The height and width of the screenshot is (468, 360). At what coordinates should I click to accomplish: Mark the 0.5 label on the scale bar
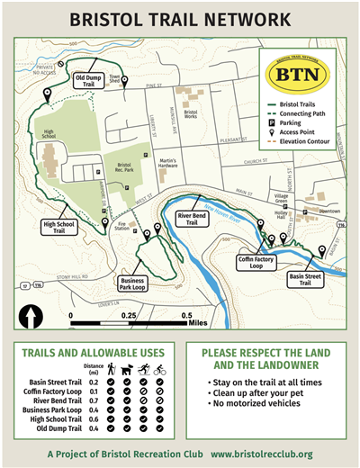tap(187, 316)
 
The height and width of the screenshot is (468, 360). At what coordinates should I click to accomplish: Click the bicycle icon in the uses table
tap(158, 369)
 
